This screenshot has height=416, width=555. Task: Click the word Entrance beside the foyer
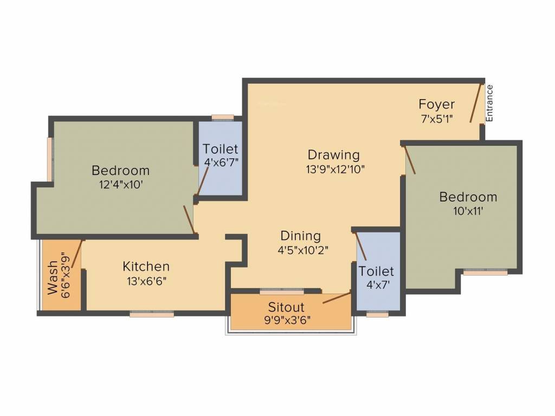489,103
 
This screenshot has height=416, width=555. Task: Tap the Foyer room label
436,104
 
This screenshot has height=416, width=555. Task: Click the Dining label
300,236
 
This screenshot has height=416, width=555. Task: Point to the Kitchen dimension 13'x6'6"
146,281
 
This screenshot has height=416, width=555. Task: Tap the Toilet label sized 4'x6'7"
220,149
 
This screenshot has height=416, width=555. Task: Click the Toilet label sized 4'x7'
376,271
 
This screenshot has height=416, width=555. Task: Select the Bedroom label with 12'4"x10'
120,171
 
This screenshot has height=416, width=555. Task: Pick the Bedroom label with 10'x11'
468,197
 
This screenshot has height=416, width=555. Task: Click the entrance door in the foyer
476,102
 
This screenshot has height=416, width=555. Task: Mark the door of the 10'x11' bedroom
410,160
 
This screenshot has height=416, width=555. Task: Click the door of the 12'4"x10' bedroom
189,219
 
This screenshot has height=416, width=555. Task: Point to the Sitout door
336,298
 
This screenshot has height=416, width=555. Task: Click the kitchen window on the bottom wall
152,313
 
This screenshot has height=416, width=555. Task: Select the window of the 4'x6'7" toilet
222,117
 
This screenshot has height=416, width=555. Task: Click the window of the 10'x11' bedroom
485,272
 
